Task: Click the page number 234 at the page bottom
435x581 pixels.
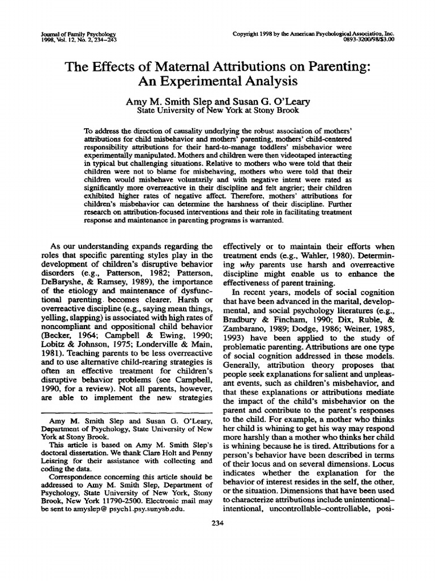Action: click(217, 523)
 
